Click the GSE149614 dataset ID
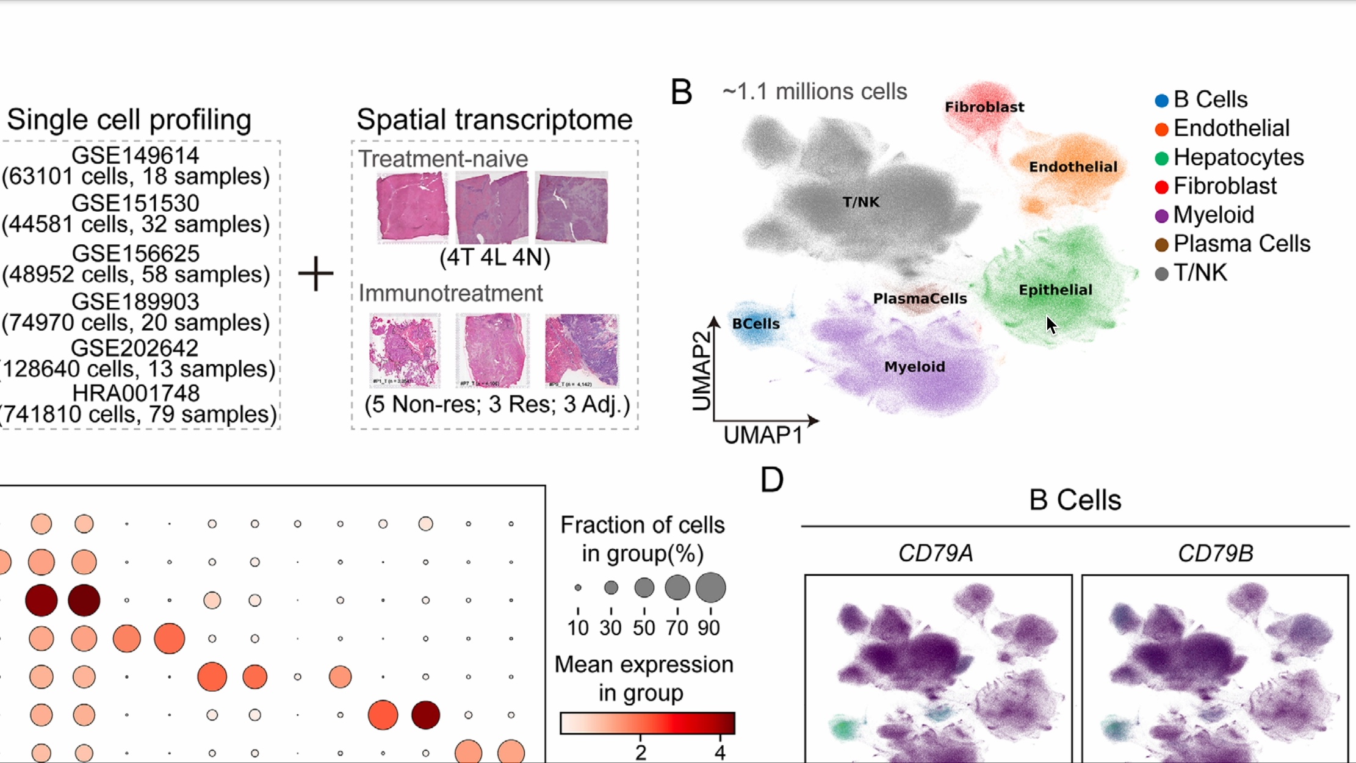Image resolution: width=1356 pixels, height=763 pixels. pos(135,155)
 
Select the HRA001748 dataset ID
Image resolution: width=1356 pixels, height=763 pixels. pos(135,393)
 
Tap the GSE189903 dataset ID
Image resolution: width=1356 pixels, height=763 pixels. pos(135,302)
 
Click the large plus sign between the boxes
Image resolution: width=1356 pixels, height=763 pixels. pos(316,273)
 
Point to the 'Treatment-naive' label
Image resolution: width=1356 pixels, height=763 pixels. pos(443,159)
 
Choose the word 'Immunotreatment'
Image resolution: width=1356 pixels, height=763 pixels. pos(450,294)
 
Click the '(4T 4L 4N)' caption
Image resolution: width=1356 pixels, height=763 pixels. pos(495,258)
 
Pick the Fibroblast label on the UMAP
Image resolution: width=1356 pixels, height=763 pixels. pos(984,107)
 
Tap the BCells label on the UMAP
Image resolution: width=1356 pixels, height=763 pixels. pos(756,324)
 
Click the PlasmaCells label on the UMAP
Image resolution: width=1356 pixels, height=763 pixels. pos(920,298)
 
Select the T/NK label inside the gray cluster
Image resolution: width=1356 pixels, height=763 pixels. pos(860,202)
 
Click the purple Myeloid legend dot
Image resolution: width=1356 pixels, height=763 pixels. pos(1161,215)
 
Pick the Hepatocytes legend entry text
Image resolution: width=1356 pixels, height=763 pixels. pos(1238,157)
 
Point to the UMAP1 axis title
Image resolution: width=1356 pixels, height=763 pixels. pos(763,435)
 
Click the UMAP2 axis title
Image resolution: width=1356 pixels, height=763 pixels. pos(702,371)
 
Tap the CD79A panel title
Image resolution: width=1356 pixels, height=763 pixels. pos(936,553)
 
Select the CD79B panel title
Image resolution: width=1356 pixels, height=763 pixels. pos(1215,553)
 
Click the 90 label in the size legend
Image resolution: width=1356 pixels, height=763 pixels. pos(709,627)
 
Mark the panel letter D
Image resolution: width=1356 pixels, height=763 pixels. pos(771,480)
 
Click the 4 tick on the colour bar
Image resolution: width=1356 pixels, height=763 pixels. pos(720,752)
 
